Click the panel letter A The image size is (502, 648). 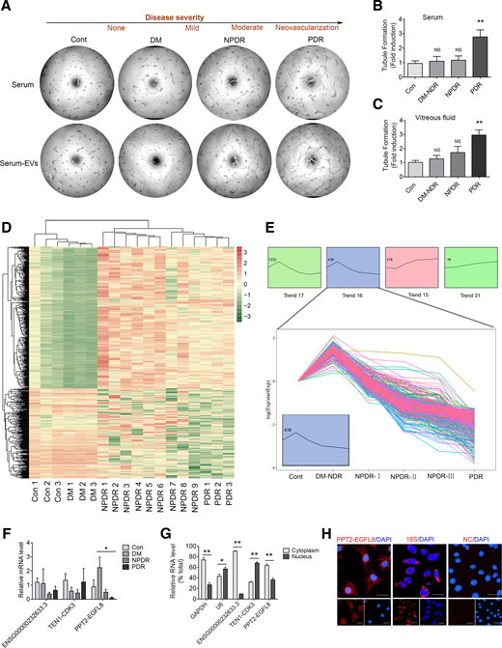pyautogui.click(x=9, y=9)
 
